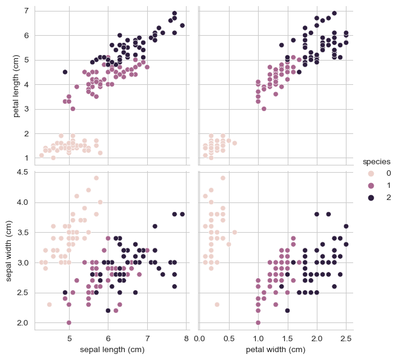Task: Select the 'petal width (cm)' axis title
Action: [x=276, y=350]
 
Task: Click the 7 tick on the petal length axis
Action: [x=26, y=11]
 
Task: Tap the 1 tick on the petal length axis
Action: [x=26, y=158]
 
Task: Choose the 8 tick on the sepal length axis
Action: [x=186, y=338]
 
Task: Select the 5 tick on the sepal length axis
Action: [x=69, y=338]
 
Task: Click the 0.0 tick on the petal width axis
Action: [x=199, y=338]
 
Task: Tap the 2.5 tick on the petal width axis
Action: [x=346, y=338]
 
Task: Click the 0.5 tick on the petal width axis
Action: [x=228, y=338]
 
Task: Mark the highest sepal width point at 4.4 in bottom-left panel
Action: [x=96, y=178]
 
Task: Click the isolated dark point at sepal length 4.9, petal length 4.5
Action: [x=65, y=72]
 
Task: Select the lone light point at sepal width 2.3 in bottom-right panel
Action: [x=217, y=304]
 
